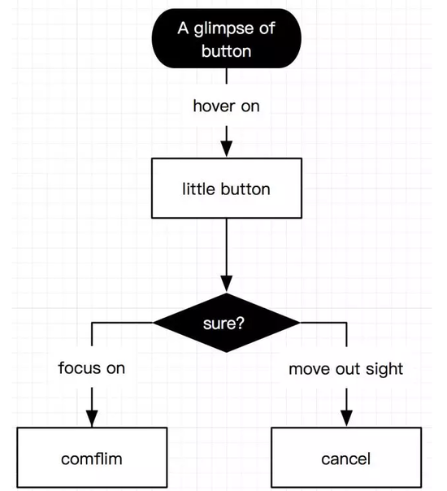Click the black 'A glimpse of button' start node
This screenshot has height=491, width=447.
click(226, 38)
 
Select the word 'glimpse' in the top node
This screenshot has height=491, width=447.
click(223, 29)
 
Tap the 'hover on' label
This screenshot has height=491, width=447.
click(226, 106)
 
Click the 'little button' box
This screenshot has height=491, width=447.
click(227, 188)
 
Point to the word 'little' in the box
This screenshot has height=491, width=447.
click(198, 189)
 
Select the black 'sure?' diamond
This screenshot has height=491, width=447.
click(226, 323)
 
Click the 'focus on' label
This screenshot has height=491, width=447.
click(92, 368)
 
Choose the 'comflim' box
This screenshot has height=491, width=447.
click(92, 457)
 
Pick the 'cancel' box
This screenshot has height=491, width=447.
click(346, 457)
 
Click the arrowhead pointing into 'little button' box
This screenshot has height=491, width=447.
click(226, 149)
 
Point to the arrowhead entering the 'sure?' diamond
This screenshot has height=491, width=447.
click(226, 284)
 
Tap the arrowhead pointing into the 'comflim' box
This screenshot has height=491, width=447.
click(92, 419)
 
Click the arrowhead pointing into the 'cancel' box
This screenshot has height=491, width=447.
click(346, 419)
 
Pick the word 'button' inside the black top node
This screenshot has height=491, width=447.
click(226, 51)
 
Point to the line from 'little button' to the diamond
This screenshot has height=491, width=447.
click(226, 255)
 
